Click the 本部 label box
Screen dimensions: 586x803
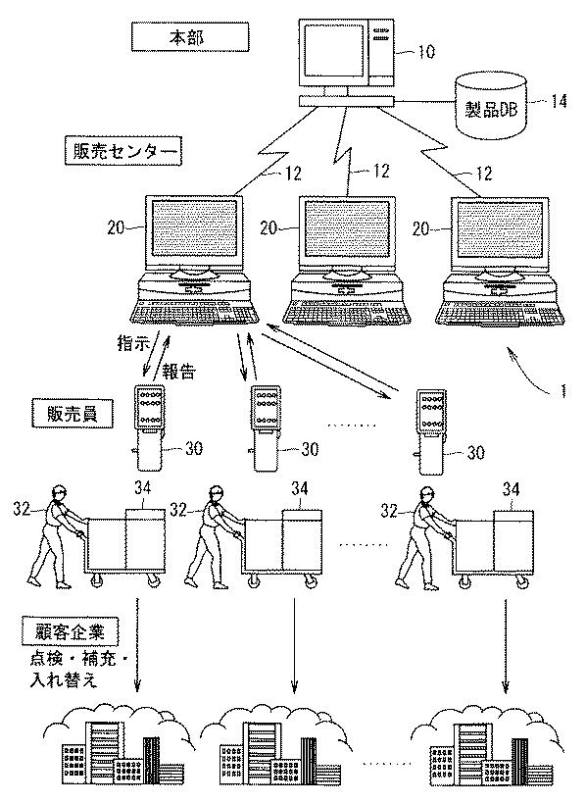click(x=190, y=38)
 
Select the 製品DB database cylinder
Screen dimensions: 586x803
click(x=491, y=106)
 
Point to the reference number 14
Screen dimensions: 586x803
click(x=558, y=101)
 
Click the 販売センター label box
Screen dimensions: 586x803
click(x=122, y=151)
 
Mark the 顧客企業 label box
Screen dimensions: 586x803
click(x=71, y=633)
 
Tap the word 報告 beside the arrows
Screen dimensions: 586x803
click(x=179, y=372)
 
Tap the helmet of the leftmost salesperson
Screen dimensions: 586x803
click(x=60, y=489)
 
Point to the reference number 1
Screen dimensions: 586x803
click(x=562, y=392)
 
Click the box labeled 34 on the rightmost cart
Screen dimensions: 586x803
click(x=513, y=541)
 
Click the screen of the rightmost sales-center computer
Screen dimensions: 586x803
click(x=499, y=228)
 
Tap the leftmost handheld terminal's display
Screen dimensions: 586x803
click(x=148, y=408)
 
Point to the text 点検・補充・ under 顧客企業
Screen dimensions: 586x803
click(x=79, y=660)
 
